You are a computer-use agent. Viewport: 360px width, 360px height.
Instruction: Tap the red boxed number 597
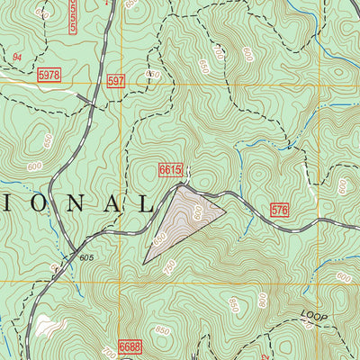click(x=114, y=81)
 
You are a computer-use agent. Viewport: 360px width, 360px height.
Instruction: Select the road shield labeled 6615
click(x=170, y=169)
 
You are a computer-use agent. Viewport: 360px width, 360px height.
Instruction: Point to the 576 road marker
click(x=280, y=211)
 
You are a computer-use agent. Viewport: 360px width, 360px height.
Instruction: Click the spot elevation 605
click(x=86, y=257)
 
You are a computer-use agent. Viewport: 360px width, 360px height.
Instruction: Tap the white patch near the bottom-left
click(x=47, y=322)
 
